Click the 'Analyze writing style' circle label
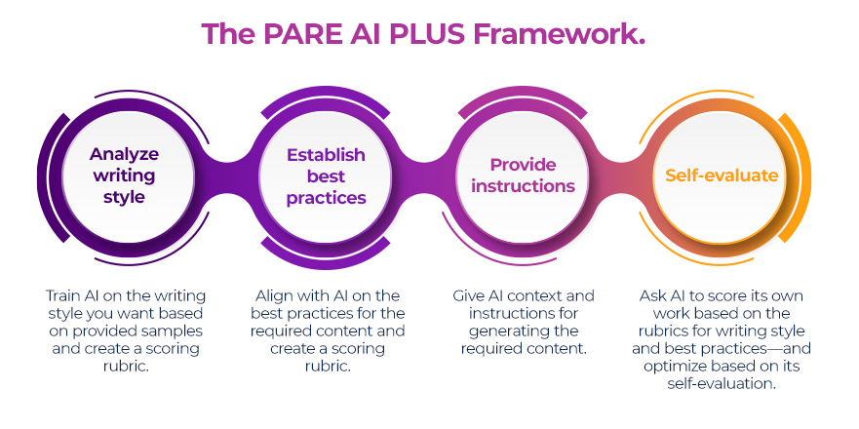click(x=125, y=175)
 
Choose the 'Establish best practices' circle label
click(x=326, y=176)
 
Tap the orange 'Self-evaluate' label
click(x=722, y=175)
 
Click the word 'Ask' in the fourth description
click(x=653, y=295)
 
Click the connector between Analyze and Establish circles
click(x=225, y=175)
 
